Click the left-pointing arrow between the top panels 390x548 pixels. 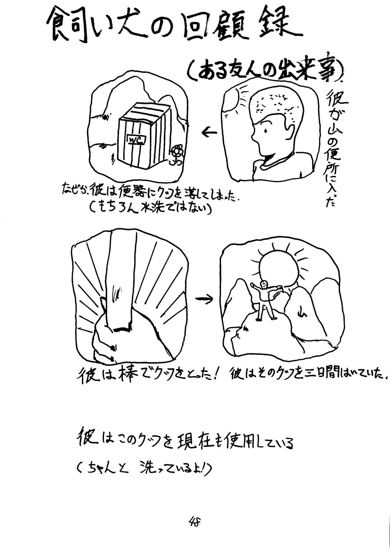pyautogui.click(x=209, y=132)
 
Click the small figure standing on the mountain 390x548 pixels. pyautogui.click(x=265, y=300)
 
